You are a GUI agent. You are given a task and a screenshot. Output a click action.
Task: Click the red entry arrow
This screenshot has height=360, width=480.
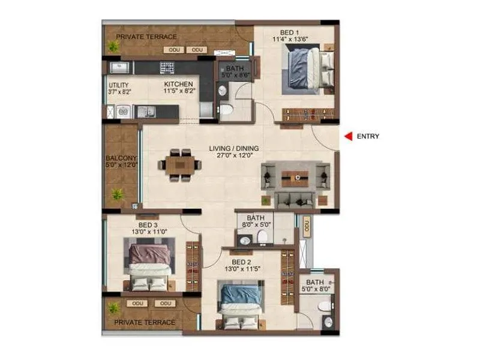348,136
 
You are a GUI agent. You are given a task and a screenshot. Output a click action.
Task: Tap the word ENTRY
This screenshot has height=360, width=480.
368,136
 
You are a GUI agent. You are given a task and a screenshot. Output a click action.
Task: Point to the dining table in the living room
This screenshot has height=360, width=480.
181,163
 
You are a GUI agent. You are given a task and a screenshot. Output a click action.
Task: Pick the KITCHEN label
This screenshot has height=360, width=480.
179,84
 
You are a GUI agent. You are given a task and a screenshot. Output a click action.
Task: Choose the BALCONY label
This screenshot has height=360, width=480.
122,158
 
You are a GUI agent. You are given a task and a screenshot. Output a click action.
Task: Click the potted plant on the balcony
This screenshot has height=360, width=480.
117,194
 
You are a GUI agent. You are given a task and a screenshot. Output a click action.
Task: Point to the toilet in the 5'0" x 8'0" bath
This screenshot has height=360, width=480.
325,306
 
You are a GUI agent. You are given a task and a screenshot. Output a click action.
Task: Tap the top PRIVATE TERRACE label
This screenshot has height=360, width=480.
146,37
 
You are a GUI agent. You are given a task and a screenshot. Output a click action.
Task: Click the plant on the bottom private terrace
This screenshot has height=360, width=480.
113,308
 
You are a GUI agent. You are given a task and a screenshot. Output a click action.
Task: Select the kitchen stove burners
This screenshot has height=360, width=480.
167,67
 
